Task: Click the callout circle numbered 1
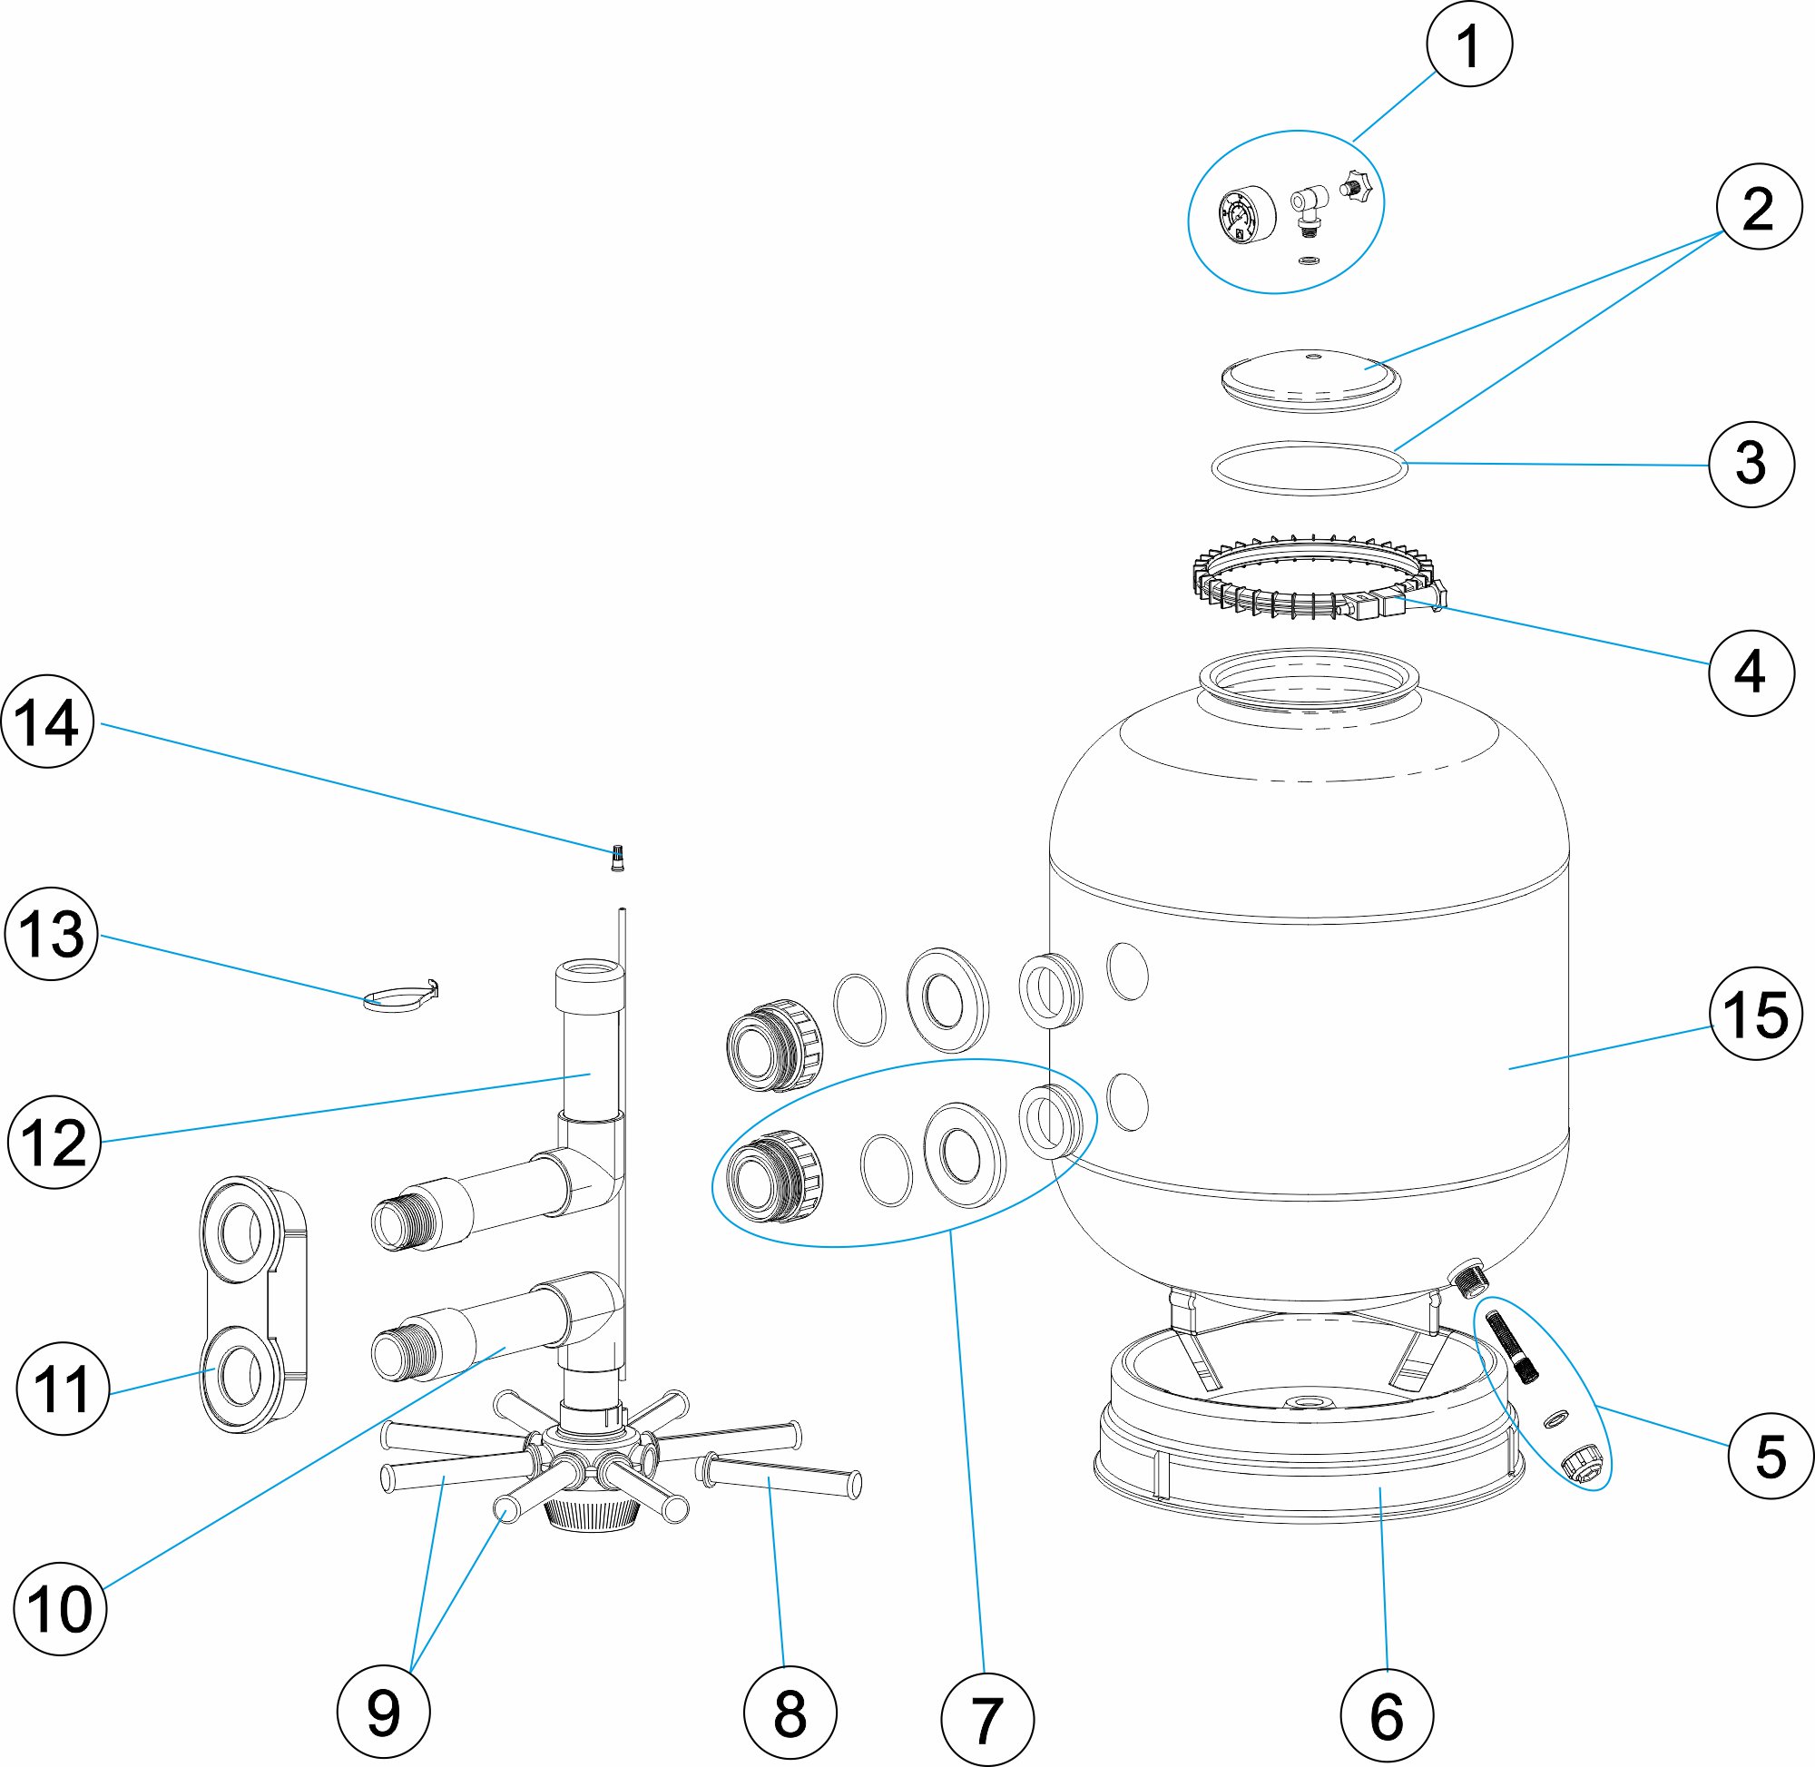[x=1469, y=44]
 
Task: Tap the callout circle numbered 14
[x=48, y=722]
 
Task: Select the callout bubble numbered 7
[x=986, y=1717]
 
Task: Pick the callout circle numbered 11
[x=63, y=1389]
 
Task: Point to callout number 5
[x=1771, y=1455]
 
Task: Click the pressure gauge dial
[x=1245, y=216]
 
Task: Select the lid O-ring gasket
[x=1309, y=467]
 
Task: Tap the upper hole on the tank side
[x=1128, y=971]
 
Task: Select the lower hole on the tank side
[x=1128, y=1102]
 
